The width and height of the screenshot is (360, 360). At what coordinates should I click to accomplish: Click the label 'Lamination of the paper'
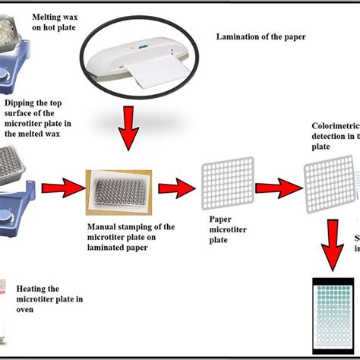pos(261,36)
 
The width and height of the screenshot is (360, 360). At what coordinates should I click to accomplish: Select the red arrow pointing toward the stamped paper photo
pos(62,187)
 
